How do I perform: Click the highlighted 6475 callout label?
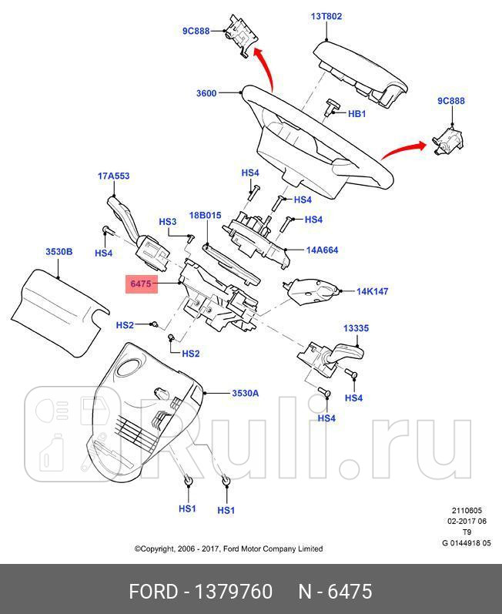(x=140, y=284)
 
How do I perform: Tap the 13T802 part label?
(x=326, y=16)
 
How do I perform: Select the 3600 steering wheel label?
(x=206, y=94)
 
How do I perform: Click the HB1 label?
(x=357, y=114)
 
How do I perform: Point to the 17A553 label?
(x=113, y=176)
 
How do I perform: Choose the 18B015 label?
(x=206, y=216)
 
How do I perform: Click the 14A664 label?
(x=322, y=250)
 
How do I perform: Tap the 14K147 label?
(x=372, y=292)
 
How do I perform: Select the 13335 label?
(x=356, y=328)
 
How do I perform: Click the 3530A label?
(x=245, y=393)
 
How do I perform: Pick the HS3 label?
(x=167, y=222)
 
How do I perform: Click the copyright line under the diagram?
(x=229, y=549)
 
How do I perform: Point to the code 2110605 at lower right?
(x=467, y=510)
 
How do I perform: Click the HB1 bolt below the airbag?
(x=333, y=106)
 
